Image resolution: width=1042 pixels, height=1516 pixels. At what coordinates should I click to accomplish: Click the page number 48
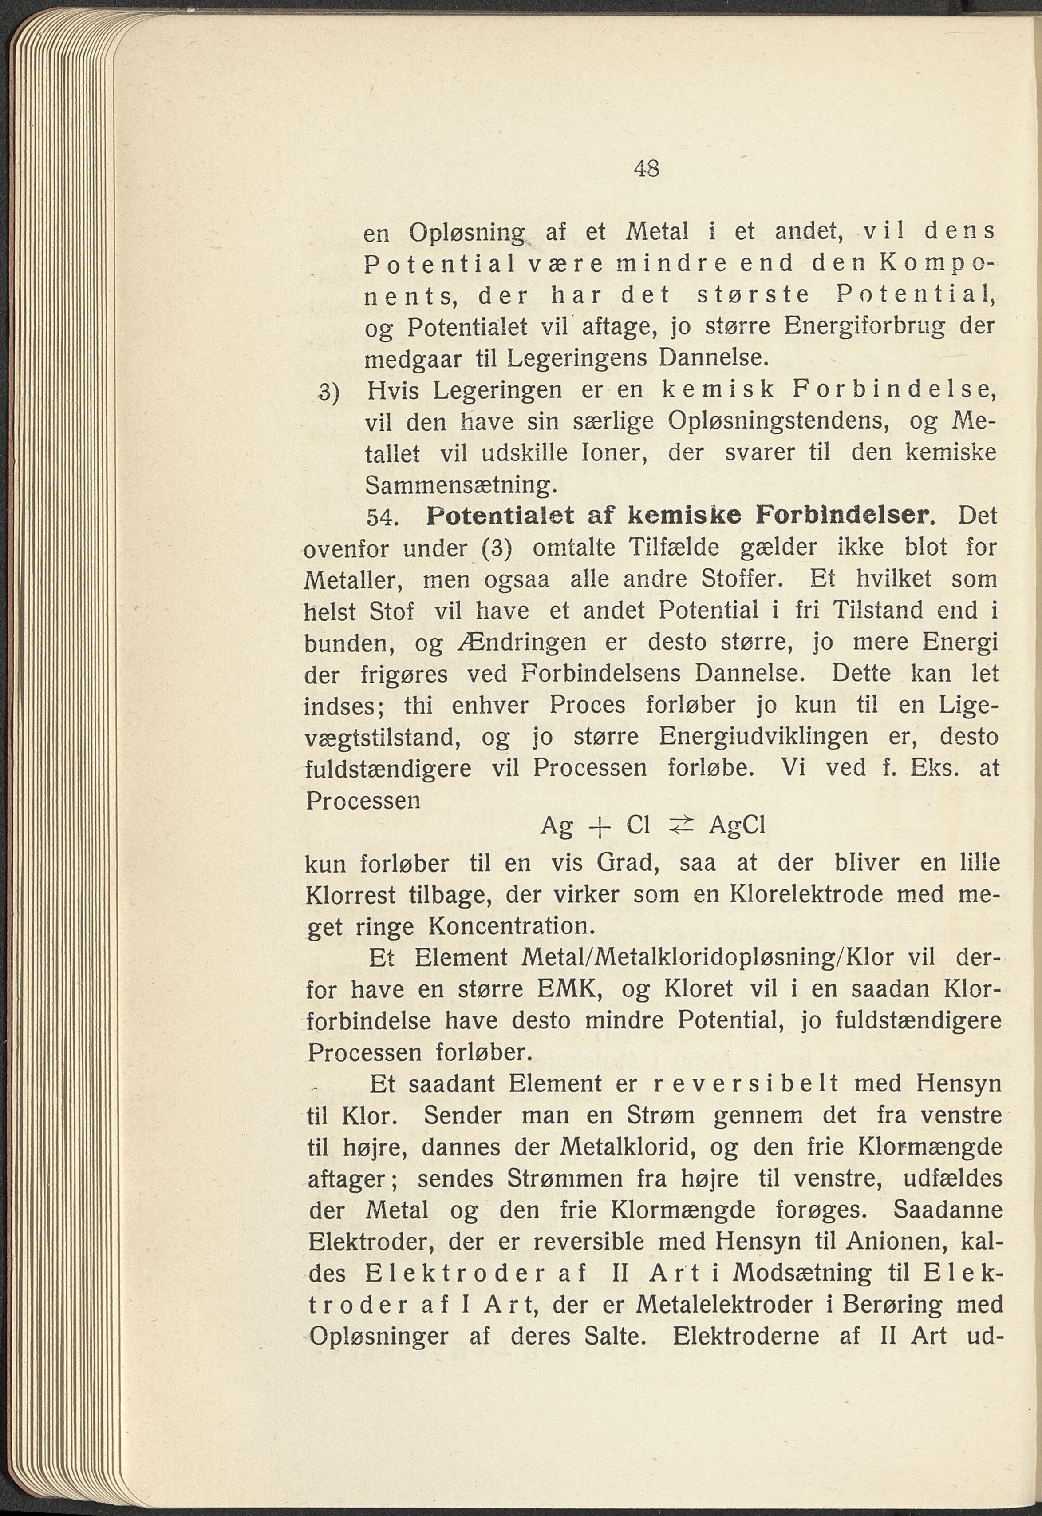click(646, 169)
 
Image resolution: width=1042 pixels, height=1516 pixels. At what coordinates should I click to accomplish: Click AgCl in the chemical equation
click(736, 827)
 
